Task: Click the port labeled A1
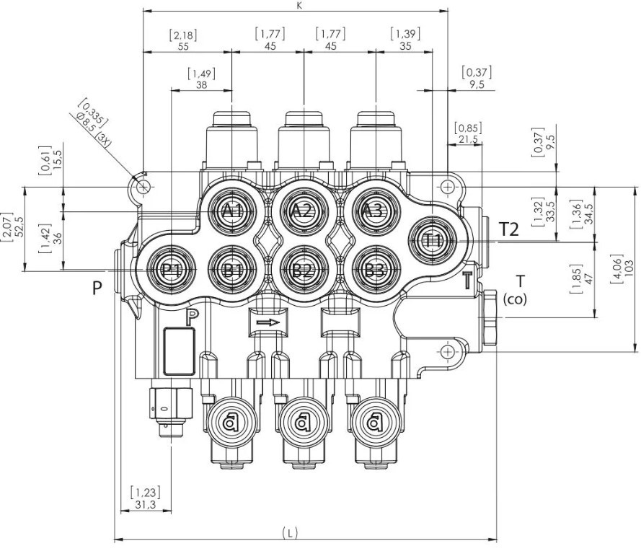[x=232, y=211]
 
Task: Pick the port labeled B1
[x=232, y=270]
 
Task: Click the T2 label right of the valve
[x=509, y=229]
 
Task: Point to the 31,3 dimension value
[x=144, y=506]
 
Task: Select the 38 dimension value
[x=201, y=84]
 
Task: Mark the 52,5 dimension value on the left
[x=19, y=229]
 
